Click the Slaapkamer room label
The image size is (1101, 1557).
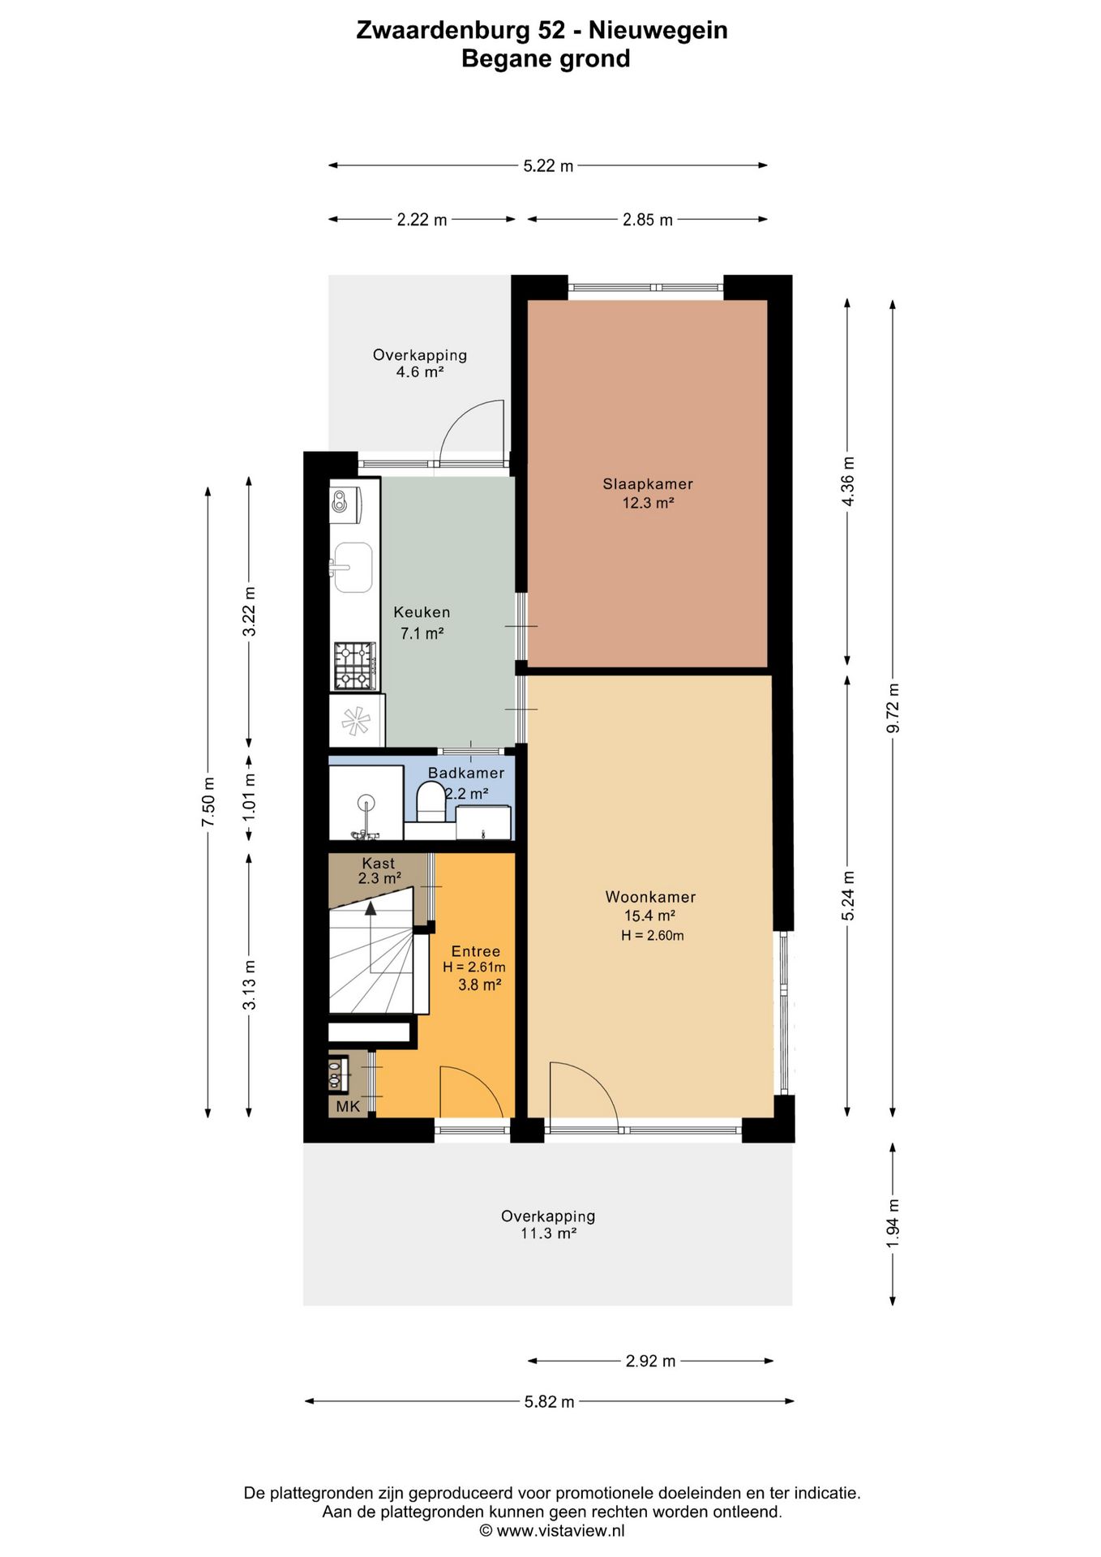click(x=648, y=484)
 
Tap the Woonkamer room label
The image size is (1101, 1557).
click(x=650, y=897)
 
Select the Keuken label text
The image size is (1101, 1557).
click(x=422, y=612)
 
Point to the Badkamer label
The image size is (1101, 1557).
click(x=466, y=773)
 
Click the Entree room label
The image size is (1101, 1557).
click(x=476, y=951)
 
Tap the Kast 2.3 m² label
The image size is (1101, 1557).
click(x=379, y=870)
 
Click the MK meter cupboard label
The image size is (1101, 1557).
click(x=348, y=1106)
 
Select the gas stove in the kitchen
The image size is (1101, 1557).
click(x=355, y=666)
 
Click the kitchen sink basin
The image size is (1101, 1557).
click(x=353, y=568)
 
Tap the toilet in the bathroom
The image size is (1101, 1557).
click(x=431, y=802)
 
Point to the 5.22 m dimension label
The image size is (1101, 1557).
click(x=548, y=166)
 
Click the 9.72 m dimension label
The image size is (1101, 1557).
click(x=893, y=708)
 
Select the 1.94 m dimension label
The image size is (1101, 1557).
click(x=893, y=1224)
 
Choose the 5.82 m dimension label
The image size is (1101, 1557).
click(x=549, y=1402)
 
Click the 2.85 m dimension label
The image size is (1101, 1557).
click(x=648, y=220)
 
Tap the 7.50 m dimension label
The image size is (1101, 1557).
click(x=208, y=802)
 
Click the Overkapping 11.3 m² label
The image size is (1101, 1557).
click(x=548, y=1225)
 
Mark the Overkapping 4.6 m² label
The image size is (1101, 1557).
click(x=420, y=363)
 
